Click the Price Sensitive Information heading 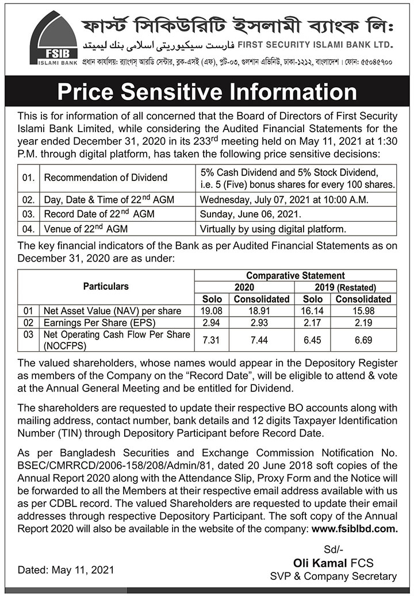pos(207,92)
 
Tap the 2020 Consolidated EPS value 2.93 pos(261,322)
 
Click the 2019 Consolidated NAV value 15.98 pos(363,311)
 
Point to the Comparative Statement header pos(296,276)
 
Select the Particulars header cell pos(106,286)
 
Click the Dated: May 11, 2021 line pos(66,571)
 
